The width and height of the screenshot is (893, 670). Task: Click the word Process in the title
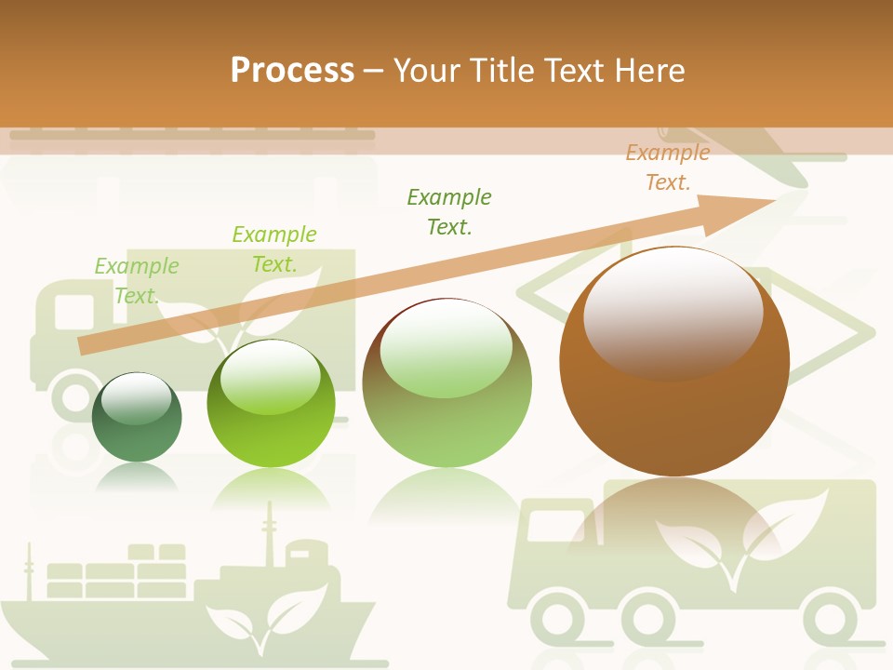pyautogui.click(x=292, y=71)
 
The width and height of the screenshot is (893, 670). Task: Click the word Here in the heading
pyautogui.click(x=648, y=71)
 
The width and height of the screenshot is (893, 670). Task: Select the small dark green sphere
pyautogui.click(x=137, y=418)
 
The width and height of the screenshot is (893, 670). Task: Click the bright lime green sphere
pyautogui.click(x=271, y=403)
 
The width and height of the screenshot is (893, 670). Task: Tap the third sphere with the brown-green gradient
pyautogui.click(x=446, y=383)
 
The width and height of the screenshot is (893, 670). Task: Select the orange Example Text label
pyautogui.click(x=668, y=167)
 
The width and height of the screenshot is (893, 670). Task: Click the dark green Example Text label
pyautogui.click(x=449, y=211)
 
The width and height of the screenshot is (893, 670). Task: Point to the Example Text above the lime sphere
pyautogui.click(x=274, y=248)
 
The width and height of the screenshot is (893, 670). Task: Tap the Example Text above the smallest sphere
pyautogui.click(x=137, y=280)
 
